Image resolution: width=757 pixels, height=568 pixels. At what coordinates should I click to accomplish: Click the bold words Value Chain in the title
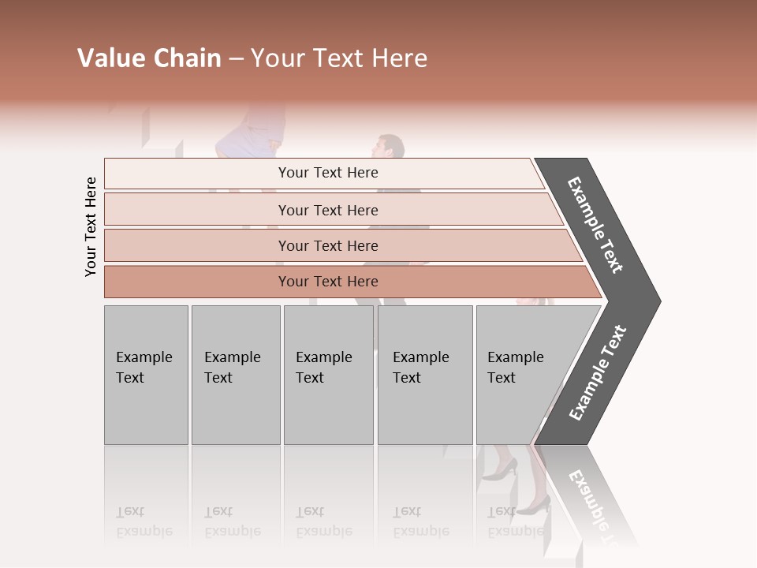pyautogui.click(x=149, y=58)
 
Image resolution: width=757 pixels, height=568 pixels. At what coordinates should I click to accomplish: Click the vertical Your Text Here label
pyautogui.click(x=91, y=226)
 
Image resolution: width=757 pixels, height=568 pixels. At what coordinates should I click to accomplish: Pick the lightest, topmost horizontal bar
pyautogui.click(x=323, y=173)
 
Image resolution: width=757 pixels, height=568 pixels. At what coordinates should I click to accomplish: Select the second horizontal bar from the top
pyautogui.click(x=327, y=210)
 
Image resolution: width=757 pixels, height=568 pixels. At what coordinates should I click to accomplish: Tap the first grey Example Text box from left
pyautogui.click(x=146, y=375)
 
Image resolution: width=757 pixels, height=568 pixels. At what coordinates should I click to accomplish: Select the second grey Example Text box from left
pyautogui.click(x=235, y=375)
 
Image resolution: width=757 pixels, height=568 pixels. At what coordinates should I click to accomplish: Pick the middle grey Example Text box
pyautogui.click(x=328, y=375)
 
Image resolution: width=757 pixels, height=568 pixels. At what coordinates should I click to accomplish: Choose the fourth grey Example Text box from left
pyautogui.click(x=424, y=375)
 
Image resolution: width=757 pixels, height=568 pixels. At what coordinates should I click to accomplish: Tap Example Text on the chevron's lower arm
pyautogui.click(x=597, y=373)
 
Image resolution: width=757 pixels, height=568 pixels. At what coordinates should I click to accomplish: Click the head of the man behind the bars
pyautogui.click(x=389, y=147)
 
